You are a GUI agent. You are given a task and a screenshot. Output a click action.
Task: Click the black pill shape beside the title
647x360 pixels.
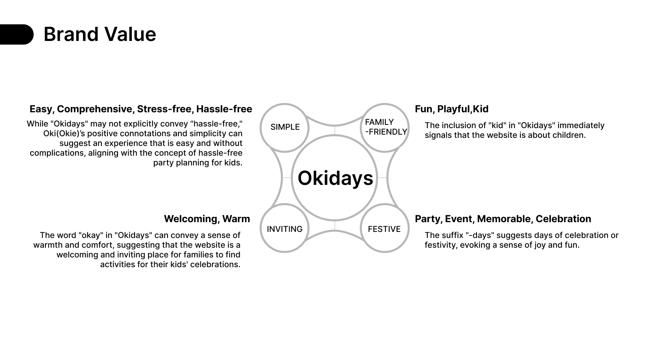pos(16,34)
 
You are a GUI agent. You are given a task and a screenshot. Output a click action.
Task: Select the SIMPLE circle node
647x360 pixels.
pos(285,127)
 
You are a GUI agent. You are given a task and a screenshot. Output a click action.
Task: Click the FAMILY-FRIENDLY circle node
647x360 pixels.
pos(385,127)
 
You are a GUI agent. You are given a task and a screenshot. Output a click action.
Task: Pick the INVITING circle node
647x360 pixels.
pos(285,229)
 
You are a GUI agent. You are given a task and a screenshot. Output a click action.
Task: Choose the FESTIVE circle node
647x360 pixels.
pos(384,229)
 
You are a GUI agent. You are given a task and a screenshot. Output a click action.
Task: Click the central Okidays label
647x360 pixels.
pos(335,178)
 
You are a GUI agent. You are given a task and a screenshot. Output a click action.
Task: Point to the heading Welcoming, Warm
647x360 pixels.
pos(207,219)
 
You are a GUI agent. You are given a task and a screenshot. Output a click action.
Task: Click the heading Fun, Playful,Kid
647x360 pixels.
pos(451,109)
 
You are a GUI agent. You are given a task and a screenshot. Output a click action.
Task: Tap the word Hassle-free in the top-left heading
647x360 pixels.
pos(224,109)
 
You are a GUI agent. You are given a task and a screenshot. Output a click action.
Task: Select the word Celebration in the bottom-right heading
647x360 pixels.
pos(563,219)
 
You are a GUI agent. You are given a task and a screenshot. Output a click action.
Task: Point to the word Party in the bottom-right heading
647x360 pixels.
pos(428,219)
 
